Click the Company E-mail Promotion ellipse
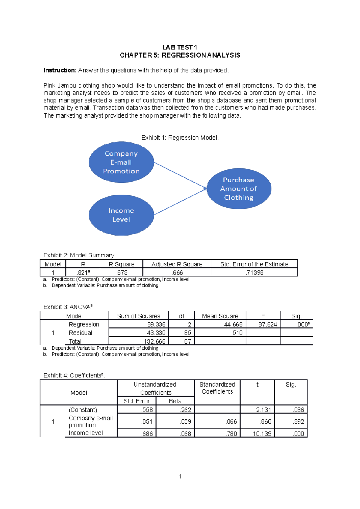[121, 162]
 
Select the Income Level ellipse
[121, 215]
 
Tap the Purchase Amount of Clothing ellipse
[239, 189]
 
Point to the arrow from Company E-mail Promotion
[180, 175]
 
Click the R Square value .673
[122, 272]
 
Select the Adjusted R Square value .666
[177, 272]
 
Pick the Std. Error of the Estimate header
[254, 264]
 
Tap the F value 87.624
[267, 324]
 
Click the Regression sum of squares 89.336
[156, 324]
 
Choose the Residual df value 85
[188, 333]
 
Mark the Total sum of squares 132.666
[154, 341]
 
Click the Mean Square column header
[220, 316]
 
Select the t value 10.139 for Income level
[262, 433]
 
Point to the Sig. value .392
[298, 421]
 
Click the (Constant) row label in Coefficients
[83, 410]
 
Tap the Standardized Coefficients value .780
[231, 433]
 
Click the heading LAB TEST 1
[180, 47]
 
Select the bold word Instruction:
[60, 70]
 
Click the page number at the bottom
[180, 476]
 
